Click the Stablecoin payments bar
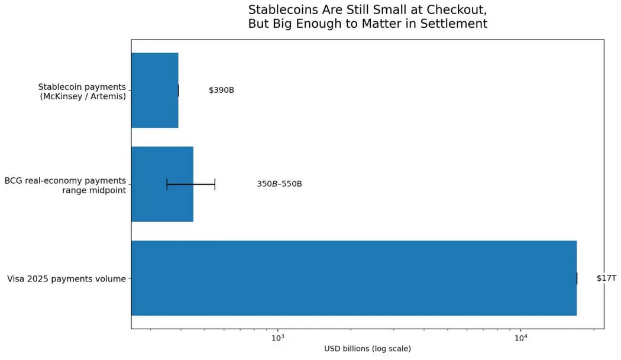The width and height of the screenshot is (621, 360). coord(155,90)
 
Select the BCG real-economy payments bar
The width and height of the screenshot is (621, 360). coord(163,184)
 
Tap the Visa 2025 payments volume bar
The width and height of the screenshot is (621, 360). coord(354,278)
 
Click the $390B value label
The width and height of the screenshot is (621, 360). coord(221,90)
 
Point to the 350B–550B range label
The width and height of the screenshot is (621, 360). coord(280,184)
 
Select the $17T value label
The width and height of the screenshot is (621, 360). coord(606,278)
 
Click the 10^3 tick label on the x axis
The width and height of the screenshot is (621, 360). coord(278,338)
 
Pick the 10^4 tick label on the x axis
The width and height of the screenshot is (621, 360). coord(521,338)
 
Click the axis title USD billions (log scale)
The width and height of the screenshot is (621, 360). coord(367,349)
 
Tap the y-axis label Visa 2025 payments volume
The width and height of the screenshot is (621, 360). coord(66,279)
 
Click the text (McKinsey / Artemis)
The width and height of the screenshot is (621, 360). coord(83,96)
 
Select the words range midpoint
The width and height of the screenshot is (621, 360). coord(94,190)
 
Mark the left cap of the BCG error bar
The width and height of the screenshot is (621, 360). coord(167,184)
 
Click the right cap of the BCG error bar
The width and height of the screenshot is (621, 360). coord(215,184)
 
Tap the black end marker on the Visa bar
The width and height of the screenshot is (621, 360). coord(577,278)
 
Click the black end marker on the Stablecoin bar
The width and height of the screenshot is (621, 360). coord(178,90)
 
